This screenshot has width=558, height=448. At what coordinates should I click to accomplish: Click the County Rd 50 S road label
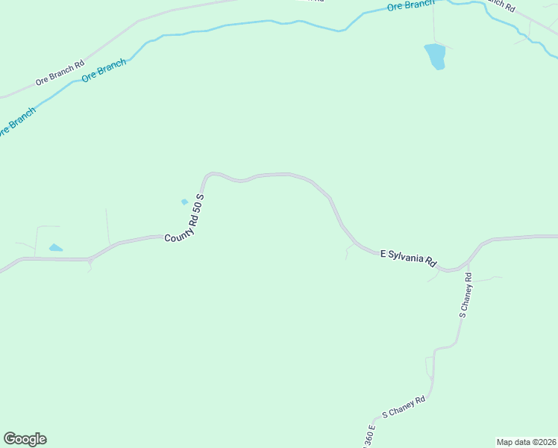click(x=184, y=217)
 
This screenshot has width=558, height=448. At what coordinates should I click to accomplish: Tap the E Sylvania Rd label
click(x=408, y=258)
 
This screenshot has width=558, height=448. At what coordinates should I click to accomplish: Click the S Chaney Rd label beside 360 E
click(x=404, y=407)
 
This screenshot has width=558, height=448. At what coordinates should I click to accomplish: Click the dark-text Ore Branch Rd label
click(x=59, y=74)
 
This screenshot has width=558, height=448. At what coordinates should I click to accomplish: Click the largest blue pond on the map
click(x=435, y=56)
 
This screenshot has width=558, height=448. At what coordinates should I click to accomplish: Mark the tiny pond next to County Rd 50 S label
click(x=184, y=202)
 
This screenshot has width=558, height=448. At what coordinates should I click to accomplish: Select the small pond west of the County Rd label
click(x=55, y=248)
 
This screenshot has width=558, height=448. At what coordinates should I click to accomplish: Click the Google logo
click(x=25, y=439)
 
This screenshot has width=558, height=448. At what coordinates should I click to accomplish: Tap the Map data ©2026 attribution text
click(x=526, y=441)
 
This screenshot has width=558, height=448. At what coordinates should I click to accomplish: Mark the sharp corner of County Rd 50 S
click(x=207, y=175)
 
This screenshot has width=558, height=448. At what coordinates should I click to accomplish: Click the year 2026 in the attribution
click(x=544, y=441)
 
